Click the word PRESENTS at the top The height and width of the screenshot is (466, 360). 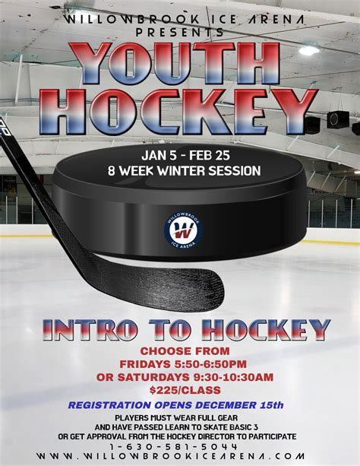tap(180, 33)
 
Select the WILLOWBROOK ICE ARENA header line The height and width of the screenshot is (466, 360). tap(180, 18)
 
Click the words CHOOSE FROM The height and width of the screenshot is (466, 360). tap(185, 351)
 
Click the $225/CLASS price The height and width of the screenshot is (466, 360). tap(185, 390)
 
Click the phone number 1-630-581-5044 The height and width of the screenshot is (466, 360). tap(180, 446)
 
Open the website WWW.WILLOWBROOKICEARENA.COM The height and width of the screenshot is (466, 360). tap(180, 457)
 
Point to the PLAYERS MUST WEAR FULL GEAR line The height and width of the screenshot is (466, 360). tap(180, 419)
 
